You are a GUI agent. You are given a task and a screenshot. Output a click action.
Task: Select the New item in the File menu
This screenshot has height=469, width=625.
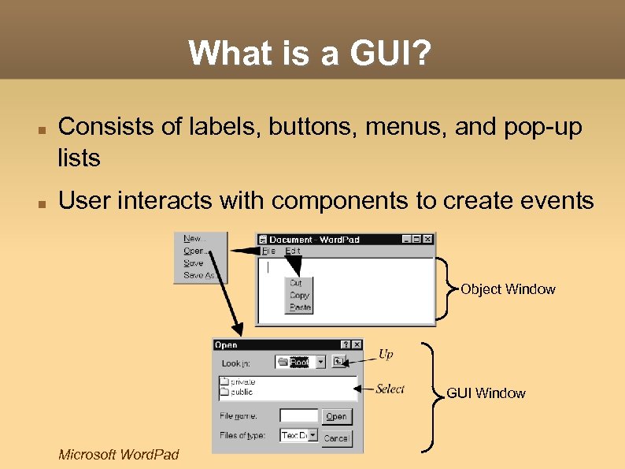point(192,238)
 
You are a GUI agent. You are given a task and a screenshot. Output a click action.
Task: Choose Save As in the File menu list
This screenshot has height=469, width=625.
point(200,276)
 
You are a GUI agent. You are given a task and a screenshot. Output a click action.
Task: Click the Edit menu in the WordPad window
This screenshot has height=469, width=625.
point(292,251)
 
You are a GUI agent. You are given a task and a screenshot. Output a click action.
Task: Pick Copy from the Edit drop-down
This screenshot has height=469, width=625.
point(299,295)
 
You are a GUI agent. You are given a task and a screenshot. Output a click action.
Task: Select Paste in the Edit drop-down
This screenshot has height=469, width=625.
point(300,307)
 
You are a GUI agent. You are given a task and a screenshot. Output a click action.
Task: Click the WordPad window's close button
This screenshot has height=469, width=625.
point(427,239)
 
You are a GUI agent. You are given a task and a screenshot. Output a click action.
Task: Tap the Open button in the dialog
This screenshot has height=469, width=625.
point(336,416)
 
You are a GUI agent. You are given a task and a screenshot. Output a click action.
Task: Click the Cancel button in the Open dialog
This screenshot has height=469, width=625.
point(336,437)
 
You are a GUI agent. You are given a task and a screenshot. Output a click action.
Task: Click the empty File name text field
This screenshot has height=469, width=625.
point(298,415)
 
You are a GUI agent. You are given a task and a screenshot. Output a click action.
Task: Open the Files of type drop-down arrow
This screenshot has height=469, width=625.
point(313,435)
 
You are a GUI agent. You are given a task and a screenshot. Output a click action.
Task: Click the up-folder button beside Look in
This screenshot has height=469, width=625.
point(338,362)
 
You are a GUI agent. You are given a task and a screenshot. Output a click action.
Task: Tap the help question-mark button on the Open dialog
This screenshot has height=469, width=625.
point(345,344)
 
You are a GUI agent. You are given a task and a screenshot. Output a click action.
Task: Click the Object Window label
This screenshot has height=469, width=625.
point(508,289)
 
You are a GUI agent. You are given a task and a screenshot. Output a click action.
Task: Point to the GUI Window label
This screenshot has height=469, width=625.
point(486,393)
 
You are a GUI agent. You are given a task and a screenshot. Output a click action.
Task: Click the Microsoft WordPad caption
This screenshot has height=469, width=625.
point(119,454)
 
